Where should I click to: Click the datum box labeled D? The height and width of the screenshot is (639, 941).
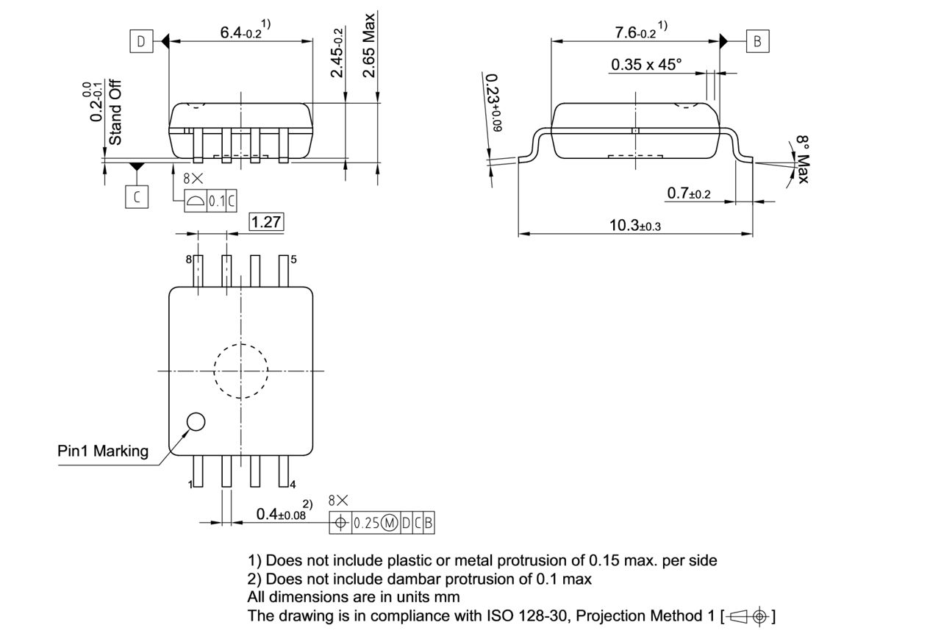(x=140, y=41)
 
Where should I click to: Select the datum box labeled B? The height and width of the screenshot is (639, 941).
(x=757, y=41)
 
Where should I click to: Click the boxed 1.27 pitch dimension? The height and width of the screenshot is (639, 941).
(x=266, y=222)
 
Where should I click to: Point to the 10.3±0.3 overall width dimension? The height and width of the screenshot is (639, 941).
(x=634, y=226)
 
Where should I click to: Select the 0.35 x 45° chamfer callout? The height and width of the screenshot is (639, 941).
(x=646, y=65)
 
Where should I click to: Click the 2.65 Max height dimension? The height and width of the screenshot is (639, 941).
(x=369, y=45)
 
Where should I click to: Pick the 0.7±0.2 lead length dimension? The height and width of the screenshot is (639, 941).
(x=689, y=193)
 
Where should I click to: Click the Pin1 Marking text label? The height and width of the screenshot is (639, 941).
(x=103, y=451)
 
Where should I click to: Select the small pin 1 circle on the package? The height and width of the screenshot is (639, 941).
(x=196, y=421)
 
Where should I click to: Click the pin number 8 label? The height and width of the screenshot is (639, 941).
(x=188, y=260)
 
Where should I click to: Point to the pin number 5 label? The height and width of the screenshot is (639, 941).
(x=293, y=260)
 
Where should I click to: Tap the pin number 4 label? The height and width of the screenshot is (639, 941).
(x=293, y=484)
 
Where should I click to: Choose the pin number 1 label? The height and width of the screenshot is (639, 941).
(x=190, y=485)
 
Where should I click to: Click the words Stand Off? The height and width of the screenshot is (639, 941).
(x=115, y=111)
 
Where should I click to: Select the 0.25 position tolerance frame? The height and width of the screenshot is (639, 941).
(x=387, y=523)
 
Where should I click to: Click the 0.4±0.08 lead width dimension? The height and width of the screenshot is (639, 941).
(x=284, y=513)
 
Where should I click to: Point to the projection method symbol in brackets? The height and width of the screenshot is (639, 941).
(x=750, y=616)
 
